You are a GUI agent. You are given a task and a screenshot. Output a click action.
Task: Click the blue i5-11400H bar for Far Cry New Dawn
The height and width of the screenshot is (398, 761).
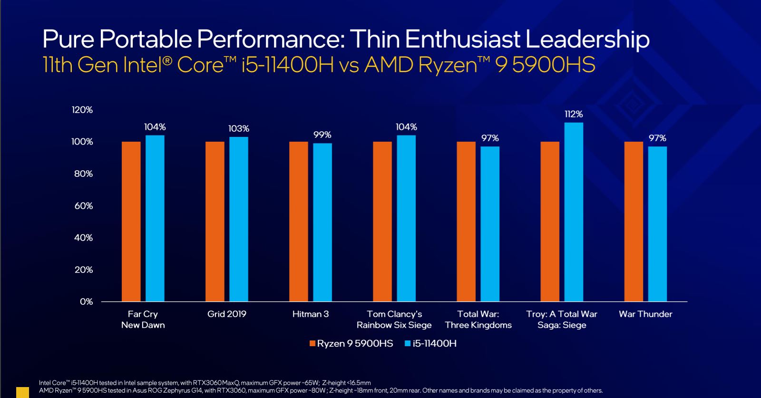[155, 218]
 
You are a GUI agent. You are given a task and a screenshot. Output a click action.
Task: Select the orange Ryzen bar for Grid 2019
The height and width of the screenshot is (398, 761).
[215, 222]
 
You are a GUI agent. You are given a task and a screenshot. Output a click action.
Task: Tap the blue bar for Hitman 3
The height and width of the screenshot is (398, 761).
[322, 222]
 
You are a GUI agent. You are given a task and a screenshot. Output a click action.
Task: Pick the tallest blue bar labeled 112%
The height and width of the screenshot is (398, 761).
[574, 212]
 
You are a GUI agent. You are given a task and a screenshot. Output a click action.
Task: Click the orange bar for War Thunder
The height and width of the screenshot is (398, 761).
[634, 222]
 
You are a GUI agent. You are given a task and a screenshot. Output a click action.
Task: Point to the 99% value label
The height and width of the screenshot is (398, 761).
[322, 135]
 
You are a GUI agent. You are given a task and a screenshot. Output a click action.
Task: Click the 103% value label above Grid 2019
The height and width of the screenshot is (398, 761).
[238, 129]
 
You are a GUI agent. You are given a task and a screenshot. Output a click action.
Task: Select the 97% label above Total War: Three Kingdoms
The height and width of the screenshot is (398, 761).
[490, 138]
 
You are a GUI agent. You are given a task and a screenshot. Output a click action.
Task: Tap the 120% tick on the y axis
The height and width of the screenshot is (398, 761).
[82, 110]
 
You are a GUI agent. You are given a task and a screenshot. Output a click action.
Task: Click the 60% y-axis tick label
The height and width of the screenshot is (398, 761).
[83, 206]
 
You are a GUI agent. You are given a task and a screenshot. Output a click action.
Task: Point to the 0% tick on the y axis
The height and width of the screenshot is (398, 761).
[86, 301]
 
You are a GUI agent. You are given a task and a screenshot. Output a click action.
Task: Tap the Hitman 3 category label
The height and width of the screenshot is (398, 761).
[311, 314]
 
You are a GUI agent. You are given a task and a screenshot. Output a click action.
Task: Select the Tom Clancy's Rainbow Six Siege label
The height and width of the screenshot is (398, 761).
[394, 320]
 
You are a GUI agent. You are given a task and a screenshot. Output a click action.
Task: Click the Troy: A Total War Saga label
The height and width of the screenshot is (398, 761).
[562, 320]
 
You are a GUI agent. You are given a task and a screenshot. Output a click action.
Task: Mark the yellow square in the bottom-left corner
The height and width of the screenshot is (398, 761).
[22, 392]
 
